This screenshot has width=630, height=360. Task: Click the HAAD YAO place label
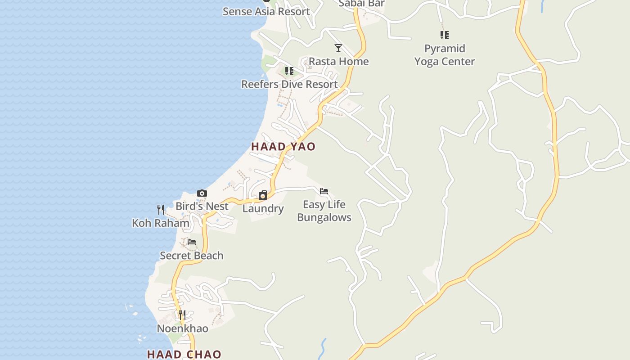[x=283, y=147]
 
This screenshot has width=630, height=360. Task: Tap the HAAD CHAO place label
[x=184, y=355]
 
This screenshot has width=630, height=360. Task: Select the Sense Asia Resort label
[x=266, y=11]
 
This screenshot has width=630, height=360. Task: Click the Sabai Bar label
[x=361, y=4]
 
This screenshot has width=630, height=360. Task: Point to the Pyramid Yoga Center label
[x=445, y=55]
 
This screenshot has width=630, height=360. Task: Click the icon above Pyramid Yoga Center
[x=445, y=35]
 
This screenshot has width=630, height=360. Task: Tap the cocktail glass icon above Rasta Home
[x=338, y=48]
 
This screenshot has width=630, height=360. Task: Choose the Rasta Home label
[x=338, y=61]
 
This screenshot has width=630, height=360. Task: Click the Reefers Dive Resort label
[x=289, y=84]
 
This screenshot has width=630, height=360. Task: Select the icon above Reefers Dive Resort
[x=289, y=71]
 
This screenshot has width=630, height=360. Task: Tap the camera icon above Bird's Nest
[x=202, y=193]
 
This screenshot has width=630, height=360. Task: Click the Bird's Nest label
[x=202, y=206]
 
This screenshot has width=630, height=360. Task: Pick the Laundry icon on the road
[x=263, y=195]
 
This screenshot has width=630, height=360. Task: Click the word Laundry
[x=263, y=209]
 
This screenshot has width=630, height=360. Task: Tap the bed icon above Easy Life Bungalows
[x=324, y=191]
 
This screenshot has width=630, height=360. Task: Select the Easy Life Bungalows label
[x=324, y=211]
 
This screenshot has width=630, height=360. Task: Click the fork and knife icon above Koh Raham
[x=161, y=209]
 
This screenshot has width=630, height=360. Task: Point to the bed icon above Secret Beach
[x=192, y=242]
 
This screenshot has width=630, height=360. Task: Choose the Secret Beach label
[x=192, y=256]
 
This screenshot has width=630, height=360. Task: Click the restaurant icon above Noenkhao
[x=182, y=315]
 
